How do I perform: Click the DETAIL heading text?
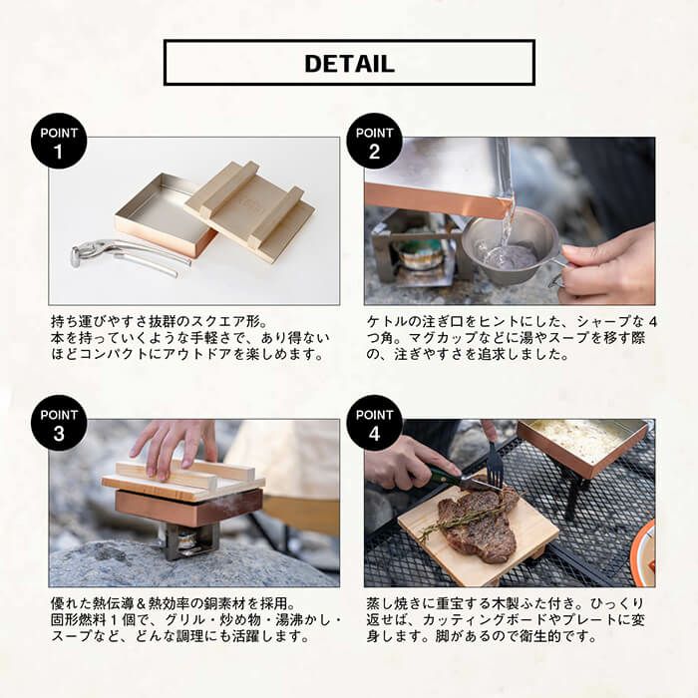pos(349,63)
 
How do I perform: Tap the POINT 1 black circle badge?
pos(59,142)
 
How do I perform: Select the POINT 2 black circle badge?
pos(374,142)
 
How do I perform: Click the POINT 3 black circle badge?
pos(59,424)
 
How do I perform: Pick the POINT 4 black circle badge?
pos(374,424)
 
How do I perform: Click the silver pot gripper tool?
pos(129,256)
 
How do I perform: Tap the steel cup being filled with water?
pos(512,249)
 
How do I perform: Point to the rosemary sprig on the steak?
pos(463,521)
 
